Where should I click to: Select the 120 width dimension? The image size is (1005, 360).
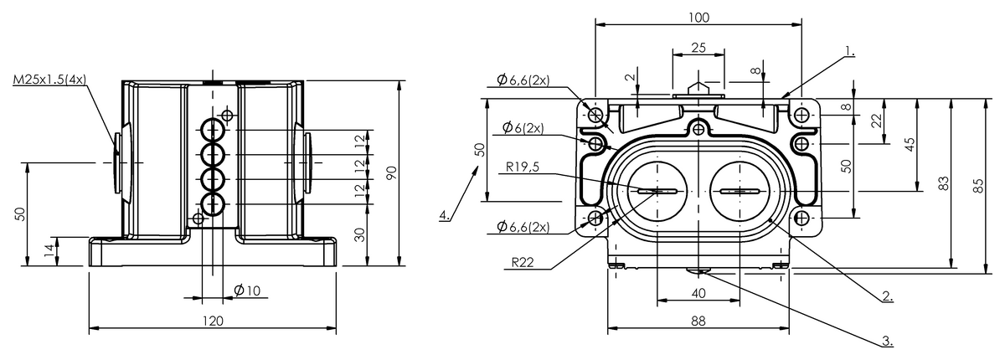click(214, 320)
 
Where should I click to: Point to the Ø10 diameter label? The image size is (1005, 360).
click(249, 291)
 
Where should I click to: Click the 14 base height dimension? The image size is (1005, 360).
click(49, 249)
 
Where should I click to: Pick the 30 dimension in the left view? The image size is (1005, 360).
click(361, 235)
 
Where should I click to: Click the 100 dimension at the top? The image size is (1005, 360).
click(699, 17)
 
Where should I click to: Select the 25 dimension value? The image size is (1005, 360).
click(698, 49)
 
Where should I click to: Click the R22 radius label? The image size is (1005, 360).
click(523, 262)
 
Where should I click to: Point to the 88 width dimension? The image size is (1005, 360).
click(699, 320)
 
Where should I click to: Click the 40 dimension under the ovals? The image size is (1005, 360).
click(699, 293)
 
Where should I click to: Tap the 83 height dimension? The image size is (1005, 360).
click(943, 184)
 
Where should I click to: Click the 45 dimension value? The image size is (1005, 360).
click(909, 145)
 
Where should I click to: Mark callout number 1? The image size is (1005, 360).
click(850, 51)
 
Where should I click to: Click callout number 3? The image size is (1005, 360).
click(885, 342)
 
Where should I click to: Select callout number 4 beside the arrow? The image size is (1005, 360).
click(443, 216)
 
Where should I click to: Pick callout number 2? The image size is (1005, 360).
click(886, 296)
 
